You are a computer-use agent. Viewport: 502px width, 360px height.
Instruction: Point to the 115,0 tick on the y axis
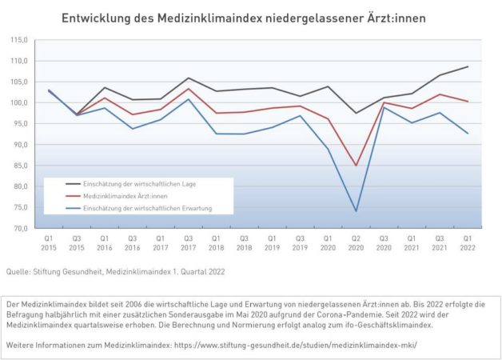pyautogui.click(x=18, y=40)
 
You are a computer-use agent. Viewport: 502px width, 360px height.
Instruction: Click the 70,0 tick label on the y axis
pyautogui.click(x=19, y=229)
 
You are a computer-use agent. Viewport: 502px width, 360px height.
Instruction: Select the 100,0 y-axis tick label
pyautogui.click(x=18, y=103)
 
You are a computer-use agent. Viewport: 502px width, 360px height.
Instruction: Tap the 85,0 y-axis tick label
pyautogui.click(x=19, y=166)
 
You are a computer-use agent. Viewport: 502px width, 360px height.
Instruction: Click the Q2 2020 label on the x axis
pyautogui.click(x=356, y=243)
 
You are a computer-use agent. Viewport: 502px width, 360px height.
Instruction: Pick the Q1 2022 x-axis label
pyautogui.click(x=468, y=243)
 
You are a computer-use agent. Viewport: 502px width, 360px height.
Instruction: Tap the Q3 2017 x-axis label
pyautogui.click(x=188, y=243)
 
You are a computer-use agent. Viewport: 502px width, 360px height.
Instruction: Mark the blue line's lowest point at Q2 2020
pyautogui.click(x=356, y=211)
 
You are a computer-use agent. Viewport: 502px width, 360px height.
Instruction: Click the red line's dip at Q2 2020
pyautogui.click(x=356, y=166)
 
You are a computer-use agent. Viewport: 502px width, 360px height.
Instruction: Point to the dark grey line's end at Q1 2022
pyautogui.click(x=468, y=66)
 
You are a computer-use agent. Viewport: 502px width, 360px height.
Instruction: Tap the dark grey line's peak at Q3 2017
pyautogui.click(x=188, y=78)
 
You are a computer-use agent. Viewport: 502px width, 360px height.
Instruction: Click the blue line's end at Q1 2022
pyautogui.click(x=468, y=134)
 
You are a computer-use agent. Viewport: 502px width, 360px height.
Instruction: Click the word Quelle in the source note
pyautogui.click(x=18, y=272)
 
